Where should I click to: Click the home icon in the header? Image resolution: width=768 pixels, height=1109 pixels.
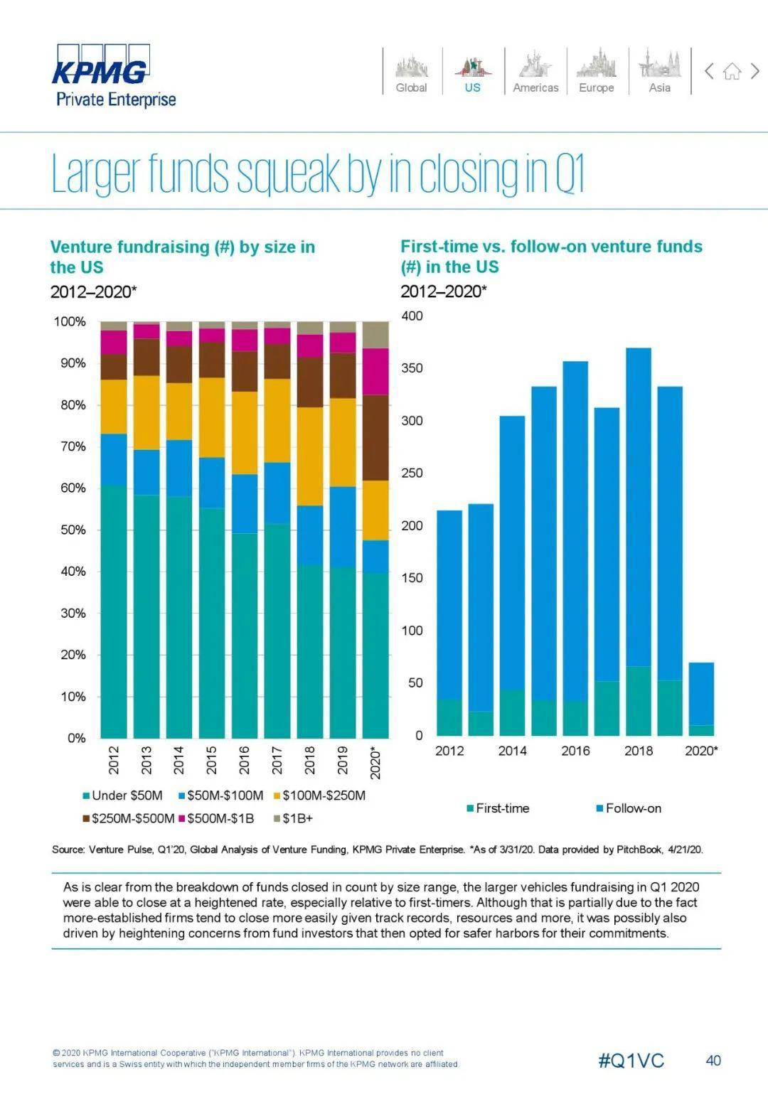[x=732, y=71]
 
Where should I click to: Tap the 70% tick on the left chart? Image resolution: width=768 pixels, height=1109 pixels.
[x=70, y=446]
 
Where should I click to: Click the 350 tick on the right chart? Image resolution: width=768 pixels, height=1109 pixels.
[x=412, y=368]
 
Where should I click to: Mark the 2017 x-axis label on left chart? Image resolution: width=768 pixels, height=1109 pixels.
[x=277, y=760]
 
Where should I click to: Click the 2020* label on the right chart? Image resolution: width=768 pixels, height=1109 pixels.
[x=701, y=751]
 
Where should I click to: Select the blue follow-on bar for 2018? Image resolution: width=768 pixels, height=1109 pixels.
[x=639, y=505]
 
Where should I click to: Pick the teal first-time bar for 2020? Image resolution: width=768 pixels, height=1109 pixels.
[x=701, y=730]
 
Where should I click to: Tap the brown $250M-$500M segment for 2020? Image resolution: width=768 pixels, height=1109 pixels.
[x=376, y=437]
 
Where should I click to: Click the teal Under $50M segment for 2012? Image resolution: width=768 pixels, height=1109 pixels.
[x=114, y=611]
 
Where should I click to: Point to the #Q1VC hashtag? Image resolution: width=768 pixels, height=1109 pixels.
[x=631, y=1061]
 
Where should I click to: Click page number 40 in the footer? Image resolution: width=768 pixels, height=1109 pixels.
[x=713, y=1061]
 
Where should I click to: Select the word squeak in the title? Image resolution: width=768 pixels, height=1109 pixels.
[x=289, y=173]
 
